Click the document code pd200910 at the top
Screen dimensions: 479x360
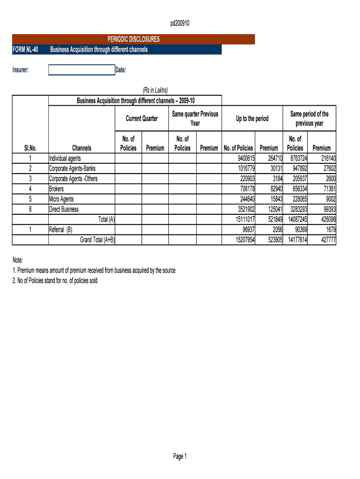click(x=180, y=23)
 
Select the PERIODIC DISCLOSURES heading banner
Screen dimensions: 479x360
click(x=133, y=39)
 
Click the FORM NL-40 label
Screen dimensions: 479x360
click(x=26, y=50)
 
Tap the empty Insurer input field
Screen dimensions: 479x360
click(x=81, y=70)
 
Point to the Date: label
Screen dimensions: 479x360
click(x=121, y=70)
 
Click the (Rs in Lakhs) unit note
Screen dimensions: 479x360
click(x=155, y=90)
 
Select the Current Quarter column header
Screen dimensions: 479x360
click(x=142, y=119)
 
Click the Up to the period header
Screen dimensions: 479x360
click(x=252, y=119)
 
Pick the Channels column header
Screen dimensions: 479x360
click(x=82, y=148)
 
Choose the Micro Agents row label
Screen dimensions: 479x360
click(x=61, y=199)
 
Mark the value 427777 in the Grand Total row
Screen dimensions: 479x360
click(x=325, y=240)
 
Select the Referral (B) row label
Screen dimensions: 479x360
click(x=61, y=230)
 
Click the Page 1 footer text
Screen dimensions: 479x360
click(x=180, y=457)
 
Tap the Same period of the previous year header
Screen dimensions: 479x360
click(x=309, y=119)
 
